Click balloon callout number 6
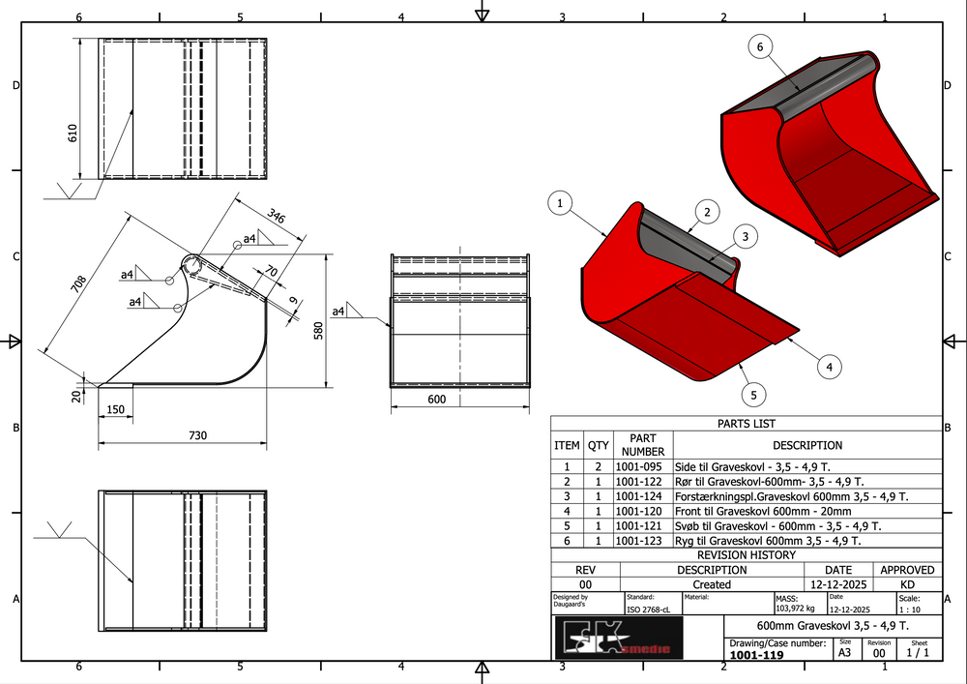point(760,46)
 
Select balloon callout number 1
point(560,203)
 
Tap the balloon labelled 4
point(829,366)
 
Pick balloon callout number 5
point(754,394)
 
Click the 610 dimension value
point(73,133)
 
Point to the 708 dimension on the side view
point(78,283)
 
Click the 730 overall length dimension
point(196,436)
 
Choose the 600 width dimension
point(438,400)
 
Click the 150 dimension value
point(116,410)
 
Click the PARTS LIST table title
point(746,424)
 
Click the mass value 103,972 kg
point(795,609)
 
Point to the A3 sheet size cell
point(845,653)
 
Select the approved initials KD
point(907,584)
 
